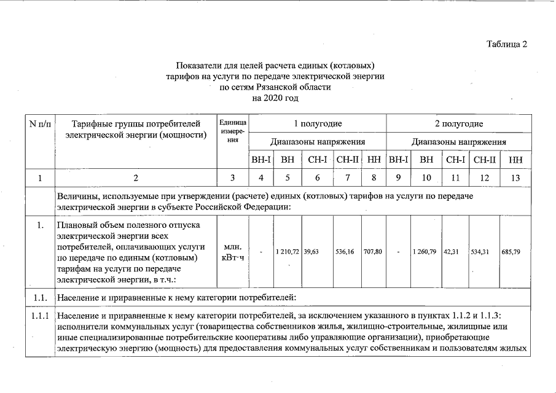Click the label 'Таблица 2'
(x=506, y=44)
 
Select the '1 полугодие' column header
(x=318, y=124)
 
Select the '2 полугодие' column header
(x=458, y=124)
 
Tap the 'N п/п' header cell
(x=41, y=124)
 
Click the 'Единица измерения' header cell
(x=232, y=131)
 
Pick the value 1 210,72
(x=287, y=252)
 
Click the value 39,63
(x=313, y=252)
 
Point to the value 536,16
(x=347, y=252)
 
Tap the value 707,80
(x=373, y=252)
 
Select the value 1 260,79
(x=426, y=252)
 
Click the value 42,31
(x=455, y=252)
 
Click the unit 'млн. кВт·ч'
(x=232, y=252)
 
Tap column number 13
(x=515, y=178)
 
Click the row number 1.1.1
(x=40, y=316)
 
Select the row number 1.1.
(x=40, y=298)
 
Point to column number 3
(x=232, y=178)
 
